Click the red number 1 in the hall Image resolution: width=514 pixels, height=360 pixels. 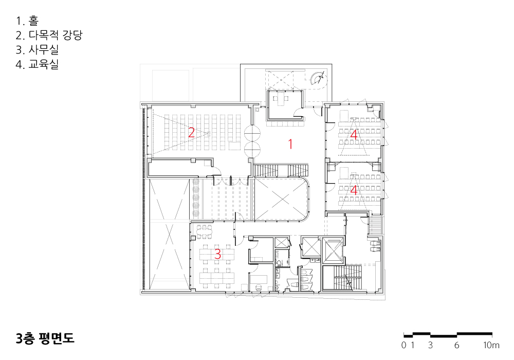(290, 144)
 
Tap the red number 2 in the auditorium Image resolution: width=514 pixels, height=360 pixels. (191, 132)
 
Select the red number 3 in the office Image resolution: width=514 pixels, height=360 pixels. (217, 254)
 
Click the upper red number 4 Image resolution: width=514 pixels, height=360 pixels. (354, 134)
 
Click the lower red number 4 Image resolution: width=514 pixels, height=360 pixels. (354, 190)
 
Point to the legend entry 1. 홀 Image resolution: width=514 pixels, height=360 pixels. (27, 21)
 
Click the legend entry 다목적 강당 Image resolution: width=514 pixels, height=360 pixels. (56, 35)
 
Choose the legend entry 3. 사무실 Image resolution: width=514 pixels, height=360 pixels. (37, 49)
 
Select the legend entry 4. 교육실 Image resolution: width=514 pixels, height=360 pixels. (37, 64)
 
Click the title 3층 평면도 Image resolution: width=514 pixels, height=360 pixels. (45, 338)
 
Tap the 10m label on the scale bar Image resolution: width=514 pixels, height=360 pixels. (491, 345)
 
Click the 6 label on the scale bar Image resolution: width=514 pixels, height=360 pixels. (456, 345)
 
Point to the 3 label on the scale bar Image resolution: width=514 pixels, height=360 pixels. (430, 345)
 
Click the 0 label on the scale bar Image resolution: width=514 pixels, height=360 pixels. (403, 345)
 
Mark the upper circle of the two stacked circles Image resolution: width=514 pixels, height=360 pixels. (252, 133)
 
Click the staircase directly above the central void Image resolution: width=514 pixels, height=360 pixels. (281, 171)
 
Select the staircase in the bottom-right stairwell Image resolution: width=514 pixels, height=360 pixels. (347, 278)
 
